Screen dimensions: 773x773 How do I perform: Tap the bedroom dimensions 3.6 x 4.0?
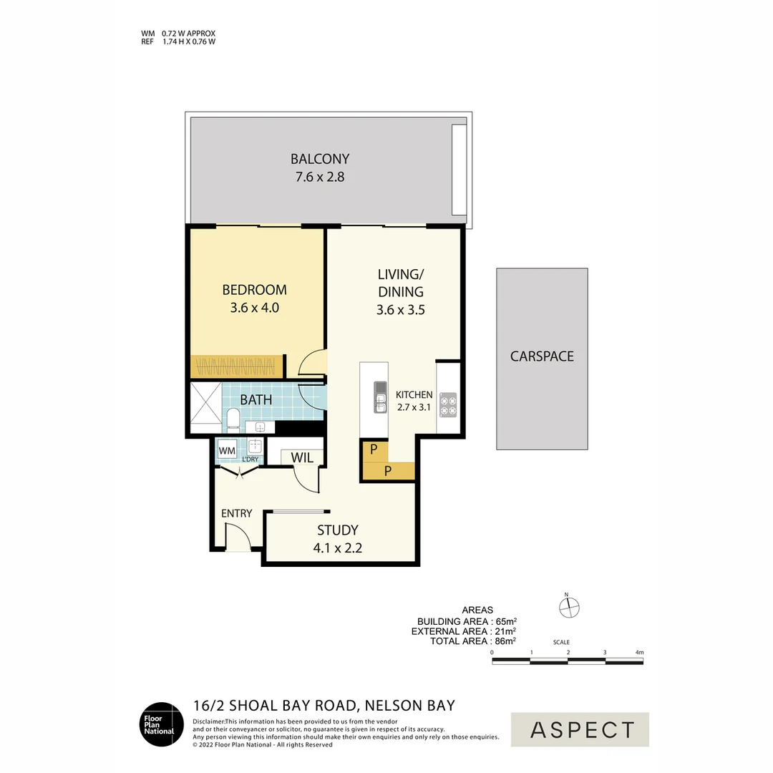click(x=254, y=308)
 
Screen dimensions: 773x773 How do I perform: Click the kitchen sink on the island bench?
click(x=380, y=398)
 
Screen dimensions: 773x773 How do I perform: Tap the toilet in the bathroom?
click(x=233, y=419)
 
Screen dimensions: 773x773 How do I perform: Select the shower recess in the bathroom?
click(x=206, y=409)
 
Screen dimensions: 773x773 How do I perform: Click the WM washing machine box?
click(x=227, y=451)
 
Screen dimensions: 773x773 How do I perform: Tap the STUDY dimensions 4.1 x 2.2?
click(x=338, y=548)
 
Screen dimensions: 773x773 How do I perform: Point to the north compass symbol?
click(x=568, y=608)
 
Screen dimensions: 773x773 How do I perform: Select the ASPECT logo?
click(x=580, y=729)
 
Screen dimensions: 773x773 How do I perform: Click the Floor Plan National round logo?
click(x=161, y=724)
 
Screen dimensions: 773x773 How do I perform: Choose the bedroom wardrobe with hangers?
click(x=236, y=367)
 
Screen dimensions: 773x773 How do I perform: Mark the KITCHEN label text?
click(x=414, y=395)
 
